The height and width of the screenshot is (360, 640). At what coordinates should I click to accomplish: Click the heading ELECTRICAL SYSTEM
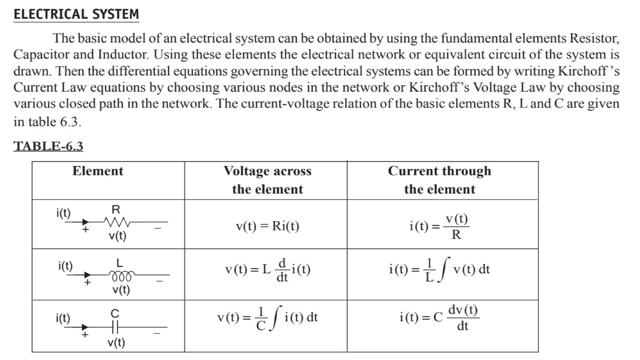point(76,14)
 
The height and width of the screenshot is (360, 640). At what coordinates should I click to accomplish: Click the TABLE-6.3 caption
point(48,146)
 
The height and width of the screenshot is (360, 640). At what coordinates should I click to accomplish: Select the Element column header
point(98,171)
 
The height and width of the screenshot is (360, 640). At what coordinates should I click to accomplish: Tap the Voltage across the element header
point(267,180)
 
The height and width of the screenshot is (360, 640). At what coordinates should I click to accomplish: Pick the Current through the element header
point(439,180)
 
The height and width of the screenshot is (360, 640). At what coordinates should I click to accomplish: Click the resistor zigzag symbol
point(117,222)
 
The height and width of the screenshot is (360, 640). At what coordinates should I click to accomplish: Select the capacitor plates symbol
point(115,327)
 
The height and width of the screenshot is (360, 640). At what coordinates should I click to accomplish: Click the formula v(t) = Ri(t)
point(267,226)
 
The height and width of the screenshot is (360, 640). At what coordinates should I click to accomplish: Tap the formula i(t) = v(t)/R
point(439,226)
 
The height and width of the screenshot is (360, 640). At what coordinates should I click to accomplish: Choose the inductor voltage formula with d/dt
point(267,269)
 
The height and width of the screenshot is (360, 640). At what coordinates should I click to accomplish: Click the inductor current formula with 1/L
point(439,269)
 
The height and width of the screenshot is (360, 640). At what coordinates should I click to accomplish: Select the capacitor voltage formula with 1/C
point(267,318)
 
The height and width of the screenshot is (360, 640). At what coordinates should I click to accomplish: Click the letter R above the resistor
point(116,209)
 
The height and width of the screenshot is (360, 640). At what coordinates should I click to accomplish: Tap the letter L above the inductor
point(119,263)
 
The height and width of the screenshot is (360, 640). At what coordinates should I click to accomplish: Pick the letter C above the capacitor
point(115,313)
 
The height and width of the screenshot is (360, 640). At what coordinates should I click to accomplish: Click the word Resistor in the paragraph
point(594,38)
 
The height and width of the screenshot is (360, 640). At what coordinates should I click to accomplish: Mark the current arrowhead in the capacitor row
point(85,327)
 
